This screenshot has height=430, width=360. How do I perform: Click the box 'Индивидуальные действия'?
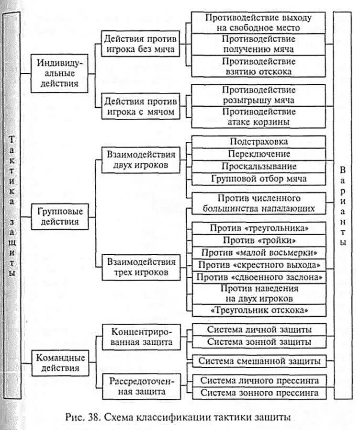57,72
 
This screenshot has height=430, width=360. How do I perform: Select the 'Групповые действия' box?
57,216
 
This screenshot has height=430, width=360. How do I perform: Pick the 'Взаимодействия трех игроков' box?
141,267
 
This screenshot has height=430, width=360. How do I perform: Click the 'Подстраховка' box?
259,142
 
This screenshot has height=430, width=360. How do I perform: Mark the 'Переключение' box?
259,154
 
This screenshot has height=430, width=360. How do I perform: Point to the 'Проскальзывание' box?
259,166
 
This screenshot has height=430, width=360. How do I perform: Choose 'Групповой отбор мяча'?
259,179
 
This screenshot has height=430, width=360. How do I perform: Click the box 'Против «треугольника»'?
259,227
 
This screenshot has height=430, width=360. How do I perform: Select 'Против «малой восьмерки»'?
259,252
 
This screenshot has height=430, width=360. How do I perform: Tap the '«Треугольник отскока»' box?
259,310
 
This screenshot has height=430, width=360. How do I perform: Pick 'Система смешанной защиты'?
259,360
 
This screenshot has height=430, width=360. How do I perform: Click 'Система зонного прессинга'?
259,393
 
